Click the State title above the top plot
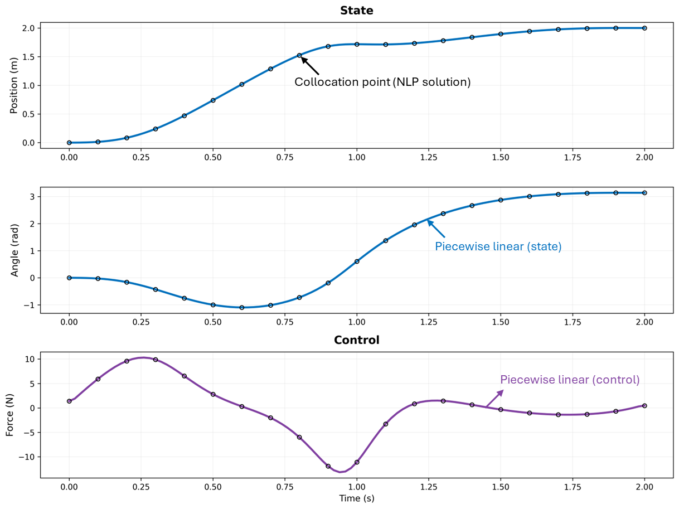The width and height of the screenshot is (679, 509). coord(357,11)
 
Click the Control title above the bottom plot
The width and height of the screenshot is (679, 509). coord(357,340)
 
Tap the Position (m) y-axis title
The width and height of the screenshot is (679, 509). coord(15,85)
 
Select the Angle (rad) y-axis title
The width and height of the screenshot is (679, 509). coord(15,250)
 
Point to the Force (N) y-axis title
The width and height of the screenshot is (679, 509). coord(10,415)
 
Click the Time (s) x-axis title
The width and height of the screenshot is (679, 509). coord(357,498)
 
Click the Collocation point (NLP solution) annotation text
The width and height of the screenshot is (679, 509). coord(382,82)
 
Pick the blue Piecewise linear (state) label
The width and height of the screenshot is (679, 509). coord(498,246)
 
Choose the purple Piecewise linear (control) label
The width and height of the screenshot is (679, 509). coord(570,380)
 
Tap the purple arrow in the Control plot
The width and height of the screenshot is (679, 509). coord(494,398)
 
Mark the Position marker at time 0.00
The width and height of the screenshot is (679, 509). coord(69,143)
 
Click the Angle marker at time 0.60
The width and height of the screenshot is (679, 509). coord(242,308)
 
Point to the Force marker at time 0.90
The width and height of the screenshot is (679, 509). coord(328,466)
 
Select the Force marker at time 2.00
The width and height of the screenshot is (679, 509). coord(644,406)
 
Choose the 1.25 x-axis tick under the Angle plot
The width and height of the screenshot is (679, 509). coord(429,322)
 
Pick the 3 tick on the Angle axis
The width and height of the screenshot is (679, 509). coord(32,197)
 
